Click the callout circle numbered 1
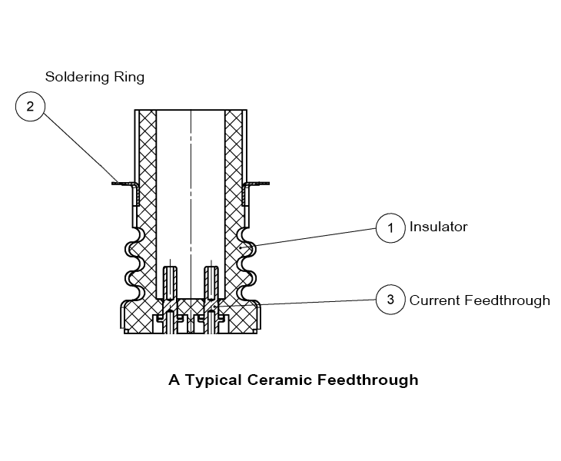click(390, 227)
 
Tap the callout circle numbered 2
click(30, 106)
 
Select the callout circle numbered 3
click(390, 300)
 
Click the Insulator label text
click(438, 227)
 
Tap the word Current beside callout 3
click(434, 300)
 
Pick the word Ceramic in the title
click(277, 380)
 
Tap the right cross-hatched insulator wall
click(234, 192)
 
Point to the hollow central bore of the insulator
click(191, 192)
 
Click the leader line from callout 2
click(77, 145)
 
